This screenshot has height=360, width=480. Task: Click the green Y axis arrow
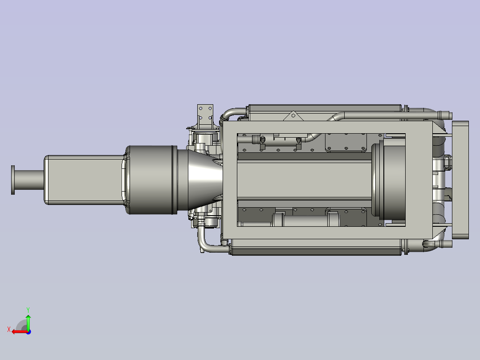28,322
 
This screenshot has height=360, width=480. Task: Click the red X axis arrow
18,331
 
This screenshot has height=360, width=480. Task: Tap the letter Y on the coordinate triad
28,309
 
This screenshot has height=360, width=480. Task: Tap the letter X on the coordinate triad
8,329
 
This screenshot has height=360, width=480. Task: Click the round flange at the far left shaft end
13,180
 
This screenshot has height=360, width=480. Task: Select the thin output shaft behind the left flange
29,180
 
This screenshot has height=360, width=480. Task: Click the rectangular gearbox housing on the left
82,180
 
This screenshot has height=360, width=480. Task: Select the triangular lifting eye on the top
292,116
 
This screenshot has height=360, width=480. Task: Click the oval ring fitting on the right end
447,163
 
